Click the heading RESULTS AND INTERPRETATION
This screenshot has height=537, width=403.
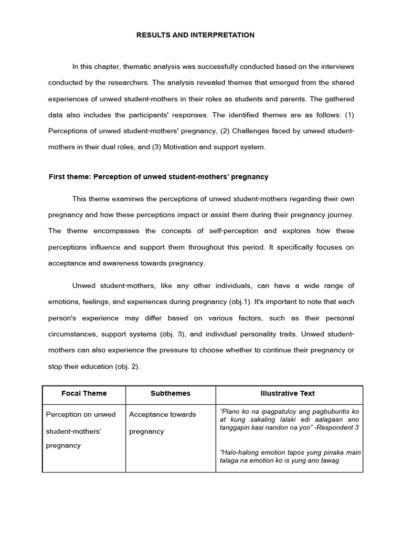point(195,35)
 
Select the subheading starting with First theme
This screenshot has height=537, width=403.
point(158,177)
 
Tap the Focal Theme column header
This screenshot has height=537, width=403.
point(84,393)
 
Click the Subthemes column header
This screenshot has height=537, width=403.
point(171,393)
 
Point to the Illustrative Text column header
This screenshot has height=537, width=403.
point(288,393)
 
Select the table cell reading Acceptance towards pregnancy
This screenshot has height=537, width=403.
point(162,423)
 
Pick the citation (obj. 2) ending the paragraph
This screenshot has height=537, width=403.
point(126,367)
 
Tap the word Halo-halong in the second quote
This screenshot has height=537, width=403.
point(240,453)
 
